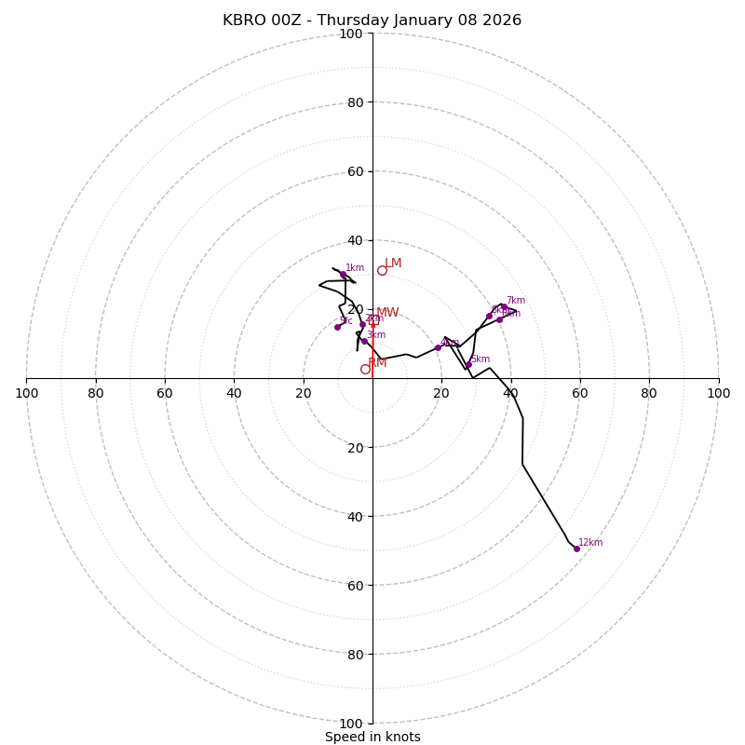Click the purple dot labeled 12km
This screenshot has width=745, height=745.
tap(576, 549)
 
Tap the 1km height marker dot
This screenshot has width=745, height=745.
tap(343, 274)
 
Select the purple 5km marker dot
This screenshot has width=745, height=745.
tap(468, 365)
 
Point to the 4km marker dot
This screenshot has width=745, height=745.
tap(438, 347)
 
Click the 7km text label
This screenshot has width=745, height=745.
tap(515, 301)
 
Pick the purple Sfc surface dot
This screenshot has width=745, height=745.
tap(337, 327)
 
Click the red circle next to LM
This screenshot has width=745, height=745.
tap(382, 270)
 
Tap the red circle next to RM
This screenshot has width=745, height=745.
tap(365, 369)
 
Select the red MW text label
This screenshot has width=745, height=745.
tap(387, 313)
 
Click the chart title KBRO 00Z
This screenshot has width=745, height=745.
tap(372, 20)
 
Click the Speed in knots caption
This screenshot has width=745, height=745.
tap(372, 738)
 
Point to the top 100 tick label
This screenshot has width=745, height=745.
tap(350, 34)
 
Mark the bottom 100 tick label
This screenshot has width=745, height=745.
tap(350, 724)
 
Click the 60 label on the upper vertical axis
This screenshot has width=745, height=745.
tap(354, 171)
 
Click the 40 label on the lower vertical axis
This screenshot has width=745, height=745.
tap(354, 516)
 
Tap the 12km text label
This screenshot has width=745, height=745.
tap(590, 543)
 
